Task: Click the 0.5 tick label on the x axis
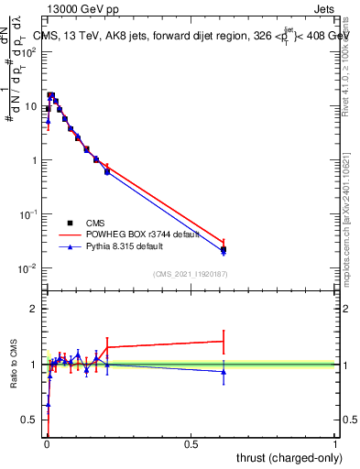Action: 191,443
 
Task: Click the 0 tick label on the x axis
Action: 46,443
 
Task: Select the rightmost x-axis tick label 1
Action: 335,443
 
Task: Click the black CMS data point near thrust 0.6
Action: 224,249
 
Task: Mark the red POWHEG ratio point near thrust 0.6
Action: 224,341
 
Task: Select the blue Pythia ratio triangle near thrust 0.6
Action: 224,372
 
